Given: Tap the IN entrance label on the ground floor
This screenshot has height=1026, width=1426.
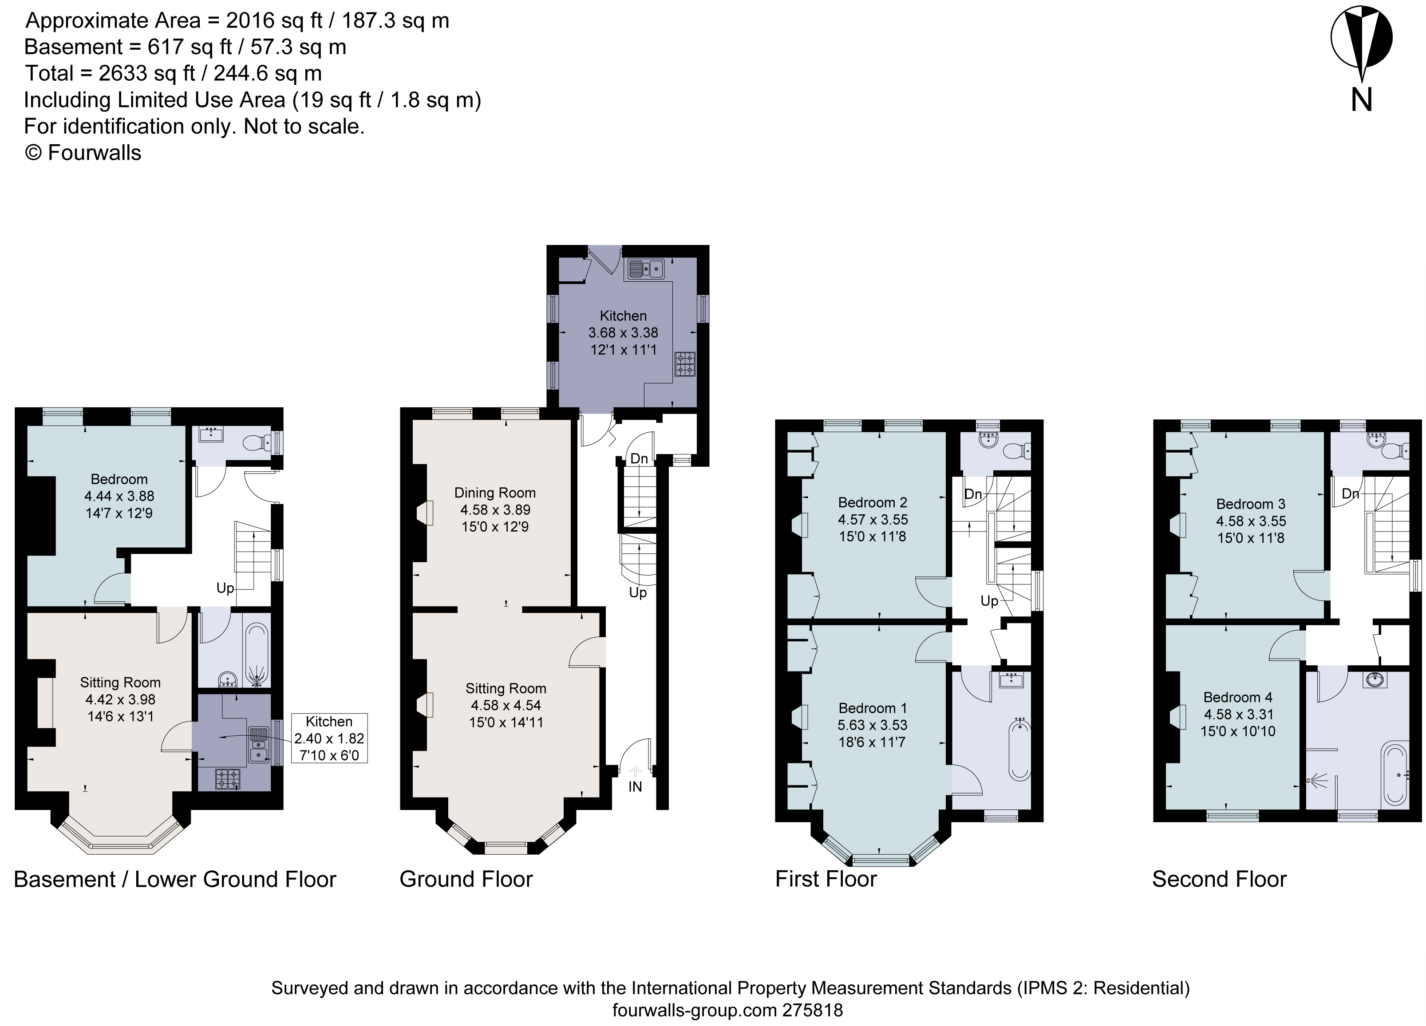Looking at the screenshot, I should [x=635, y=786].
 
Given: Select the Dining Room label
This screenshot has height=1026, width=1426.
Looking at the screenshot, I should [x=495, y=493].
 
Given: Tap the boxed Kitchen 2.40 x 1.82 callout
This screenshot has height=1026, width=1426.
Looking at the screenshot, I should [x=329, y=738].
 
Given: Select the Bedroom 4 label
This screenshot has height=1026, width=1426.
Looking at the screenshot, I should [x=1237, y=697].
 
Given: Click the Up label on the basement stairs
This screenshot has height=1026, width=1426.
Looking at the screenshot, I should [x=225, y=588].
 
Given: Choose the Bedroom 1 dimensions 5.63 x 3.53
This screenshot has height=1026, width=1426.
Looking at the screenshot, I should [x=872, y=725].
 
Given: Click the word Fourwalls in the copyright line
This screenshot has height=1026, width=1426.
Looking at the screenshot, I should [x=94, y=153].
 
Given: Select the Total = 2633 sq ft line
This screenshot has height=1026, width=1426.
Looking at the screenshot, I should [x=173, y=74].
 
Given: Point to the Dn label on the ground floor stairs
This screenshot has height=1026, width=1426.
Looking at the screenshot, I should [x=639, y=459].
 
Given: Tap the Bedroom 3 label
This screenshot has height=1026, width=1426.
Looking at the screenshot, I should [x=1250, y=504].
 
